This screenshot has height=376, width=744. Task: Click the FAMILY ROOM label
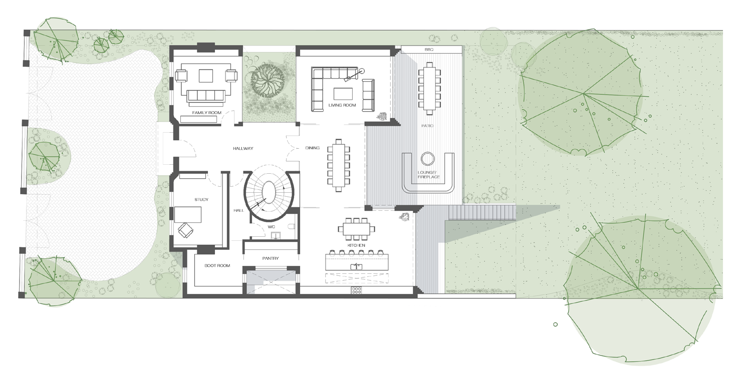point(206,113)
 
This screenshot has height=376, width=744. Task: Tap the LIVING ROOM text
point(342,105)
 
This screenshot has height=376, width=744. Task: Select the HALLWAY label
point(243,148)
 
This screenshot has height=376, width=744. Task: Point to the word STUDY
point(201,199)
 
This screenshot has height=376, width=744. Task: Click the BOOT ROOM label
point(217,265)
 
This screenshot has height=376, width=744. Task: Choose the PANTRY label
point(271,258)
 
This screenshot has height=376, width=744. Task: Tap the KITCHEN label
point(356,245)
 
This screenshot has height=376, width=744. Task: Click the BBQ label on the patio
point(429,50)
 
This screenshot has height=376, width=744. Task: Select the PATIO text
point(427,126)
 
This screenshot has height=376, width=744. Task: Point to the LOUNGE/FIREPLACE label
point(428,175)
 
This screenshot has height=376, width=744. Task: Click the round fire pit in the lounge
point(427,159)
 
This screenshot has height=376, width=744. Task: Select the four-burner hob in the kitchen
point(356,291)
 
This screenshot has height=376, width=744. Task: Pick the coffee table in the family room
point(206,76)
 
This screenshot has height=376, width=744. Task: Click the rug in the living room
point(343,94)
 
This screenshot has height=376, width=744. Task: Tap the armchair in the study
point(185,230)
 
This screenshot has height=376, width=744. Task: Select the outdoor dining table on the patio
point(429,88)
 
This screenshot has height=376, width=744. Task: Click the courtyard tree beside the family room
point(268,81)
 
